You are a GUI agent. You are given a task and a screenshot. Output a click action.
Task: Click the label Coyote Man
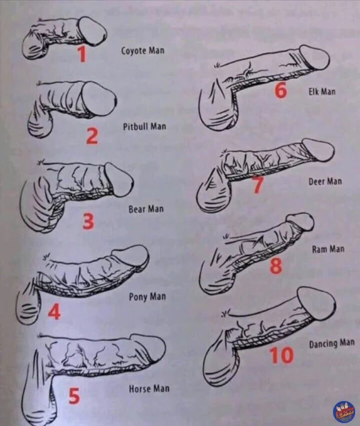[x=143, y=51]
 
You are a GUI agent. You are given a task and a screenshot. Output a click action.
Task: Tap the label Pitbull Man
[x=144, y=127]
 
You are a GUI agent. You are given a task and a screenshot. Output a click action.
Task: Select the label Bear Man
[x=146, y=209]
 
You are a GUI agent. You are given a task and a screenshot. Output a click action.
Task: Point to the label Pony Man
[x=147, y=296]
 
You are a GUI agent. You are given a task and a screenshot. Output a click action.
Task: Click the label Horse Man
[x=149, y=389]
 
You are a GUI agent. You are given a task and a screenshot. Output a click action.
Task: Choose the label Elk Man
[x=322, y=92]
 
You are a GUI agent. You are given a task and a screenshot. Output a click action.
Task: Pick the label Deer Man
[x=326, y=181]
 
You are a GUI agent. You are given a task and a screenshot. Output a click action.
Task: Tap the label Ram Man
[x=328, y=249]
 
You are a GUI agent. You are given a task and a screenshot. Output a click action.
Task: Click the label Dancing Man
[x=332, y=343]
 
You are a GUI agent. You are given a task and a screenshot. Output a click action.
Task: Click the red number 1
[x=82, y=53]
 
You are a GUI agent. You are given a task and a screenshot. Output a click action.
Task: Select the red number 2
[x=92, y=137]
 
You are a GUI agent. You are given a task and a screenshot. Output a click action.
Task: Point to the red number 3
[x=88, y=221]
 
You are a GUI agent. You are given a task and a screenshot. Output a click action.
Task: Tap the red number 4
[x=54, y=311]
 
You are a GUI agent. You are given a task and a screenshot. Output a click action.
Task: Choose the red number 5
[x=73, y=395]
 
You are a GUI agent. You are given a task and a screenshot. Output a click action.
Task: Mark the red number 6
[x=280, y=90]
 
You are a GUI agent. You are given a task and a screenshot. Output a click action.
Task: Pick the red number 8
[x=276, y=265]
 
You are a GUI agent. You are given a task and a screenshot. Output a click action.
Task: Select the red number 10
[x=281, y=356]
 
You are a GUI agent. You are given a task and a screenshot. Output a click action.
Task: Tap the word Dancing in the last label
[x=323, y=344]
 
